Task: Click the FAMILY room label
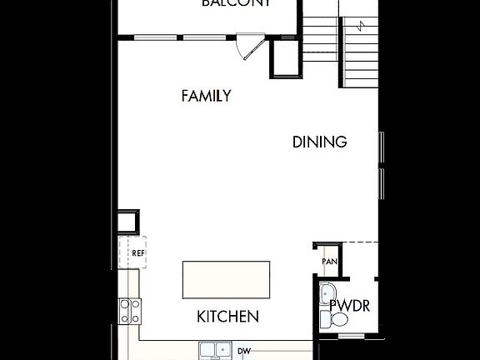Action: pyautogui.click(x=206, y=96)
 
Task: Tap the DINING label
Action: pyautogui.click(x=319, y=142)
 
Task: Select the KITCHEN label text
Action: pyautogui.click(x=227, y=317)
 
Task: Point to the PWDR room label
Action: pyautogui.click(x=351, y=305)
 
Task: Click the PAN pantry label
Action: pyautogui.click(x=328, y=262)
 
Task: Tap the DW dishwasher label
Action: pyautogui.click(x=244, y=351)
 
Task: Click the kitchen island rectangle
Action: pyautogui.click(x=227, y=278)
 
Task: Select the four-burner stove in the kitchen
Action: pyautogui.click(x=129, y=312)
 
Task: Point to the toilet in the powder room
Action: pyautogui.click(x=327, y=318)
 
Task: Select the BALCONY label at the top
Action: pyautogui.click(x=236, y=3)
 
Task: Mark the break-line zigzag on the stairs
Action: pyautogui.click(x=360, y=26)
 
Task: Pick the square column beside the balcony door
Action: pyautogui.click(x=284, y=58)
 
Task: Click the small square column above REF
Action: pyautogui.click(x=127, y=222)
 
